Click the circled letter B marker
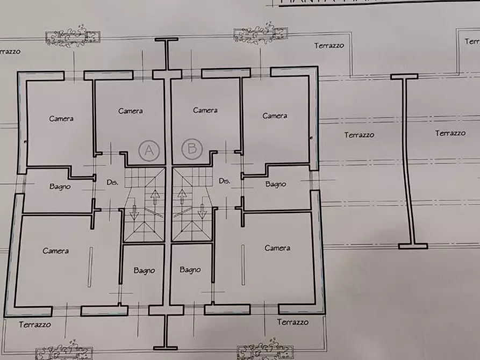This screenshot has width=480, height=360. pos(192,148)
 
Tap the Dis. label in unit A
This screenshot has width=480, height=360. pos(112,183)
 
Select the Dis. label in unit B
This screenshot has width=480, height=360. pos(225,182)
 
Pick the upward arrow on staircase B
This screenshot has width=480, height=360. pos(182,197)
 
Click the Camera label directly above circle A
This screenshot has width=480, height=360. pos(131,111)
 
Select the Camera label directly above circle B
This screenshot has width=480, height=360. pos(205,110)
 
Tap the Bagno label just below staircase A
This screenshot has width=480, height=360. pos(144,270)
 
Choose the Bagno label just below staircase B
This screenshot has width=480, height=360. pos(190,270)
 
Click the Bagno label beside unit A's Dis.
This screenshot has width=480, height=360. pos(60,186)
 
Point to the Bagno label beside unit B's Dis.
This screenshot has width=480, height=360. pos(276,184)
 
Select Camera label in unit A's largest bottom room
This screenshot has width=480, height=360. pos(56,251)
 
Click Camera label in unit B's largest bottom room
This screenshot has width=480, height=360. pos(277,248)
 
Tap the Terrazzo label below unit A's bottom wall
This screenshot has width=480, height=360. pos(35,325)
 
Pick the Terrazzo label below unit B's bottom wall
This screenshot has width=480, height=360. pos(293,322)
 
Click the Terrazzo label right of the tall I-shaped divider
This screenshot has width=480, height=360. pos(450,133)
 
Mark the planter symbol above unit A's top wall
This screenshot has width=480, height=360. pos(72,36)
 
